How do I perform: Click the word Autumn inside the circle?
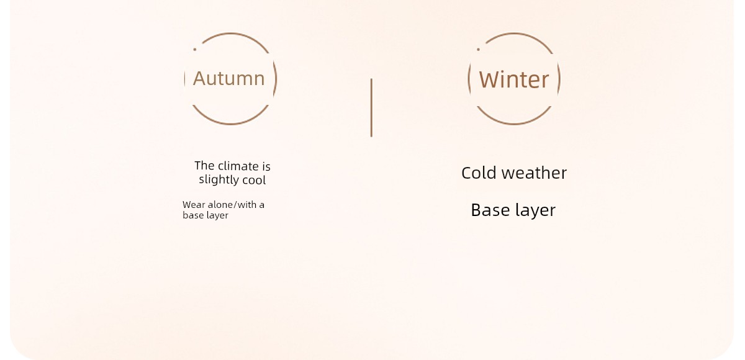229,78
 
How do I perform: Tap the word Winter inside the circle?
514,80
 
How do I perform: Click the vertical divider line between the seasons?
371,108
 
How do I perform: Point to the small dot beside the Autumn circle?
194,50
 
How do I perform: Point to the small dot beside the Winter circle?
478,50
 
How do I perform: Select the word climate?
238,166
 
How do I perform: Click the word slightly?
219,180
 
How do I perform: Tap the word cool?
254,180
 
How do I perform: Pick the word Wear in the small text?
194,205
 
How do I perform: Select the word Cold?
479,173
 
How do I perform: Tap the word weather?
534,173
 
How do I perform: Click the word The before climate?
204,166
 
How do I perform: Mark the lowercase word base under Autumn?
193,215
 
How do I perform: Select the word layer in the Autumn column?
217,216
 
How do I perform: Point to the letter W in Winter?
489,80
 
